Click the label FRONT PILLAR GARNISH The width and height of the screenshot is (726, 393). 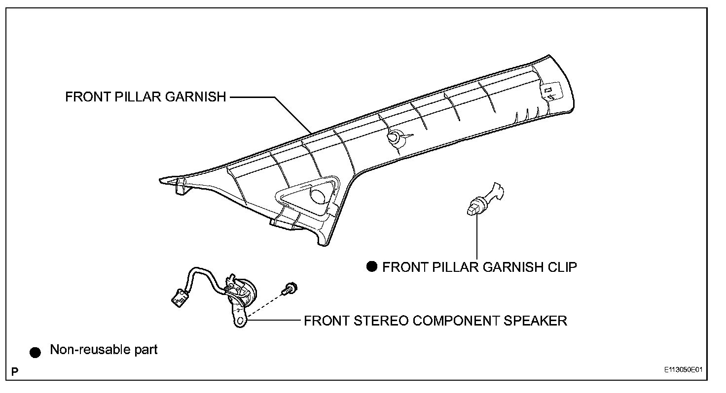coord(145,97)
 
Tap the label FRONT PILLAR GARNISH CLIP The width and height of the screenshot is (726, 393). coord(479,267)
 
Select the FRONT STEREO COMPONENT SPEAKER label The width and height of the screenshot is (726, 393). coord(435,321)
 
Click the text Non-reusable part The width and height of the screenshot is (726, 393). coord(104,350)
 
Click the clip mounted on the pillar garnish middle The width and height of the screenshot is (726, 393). coord(395,139)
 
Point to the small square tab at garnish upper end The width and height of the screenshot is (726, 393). coord(547,92)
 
